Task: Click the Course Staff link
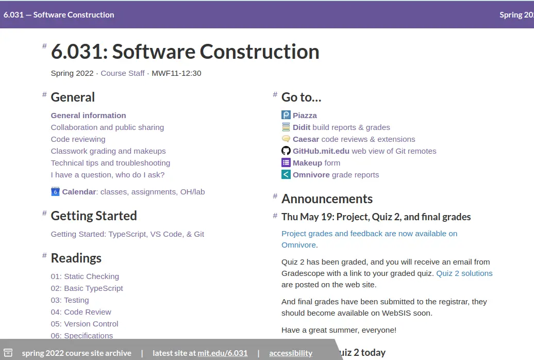tap(123, 73)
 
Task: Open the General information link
tap(89, 116)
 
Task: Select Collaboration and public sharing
tap(107, 127)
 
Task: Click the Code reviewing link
tap(78, 139)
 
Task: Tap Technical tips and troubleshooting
tap(110, 163)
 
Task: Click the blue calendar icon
tap(55, 191)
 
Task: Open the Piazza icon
tap(286, 115)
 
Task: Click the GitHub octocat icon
tap(286, 151)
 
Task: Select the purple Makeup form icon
tap(286, 162)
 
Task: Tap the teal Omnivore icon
tap(286, 174)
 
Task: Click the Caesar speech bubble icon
tap(286, 139)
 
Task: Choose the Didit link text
tap(302, 127)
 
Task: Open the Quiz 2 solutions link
tap(464, 273)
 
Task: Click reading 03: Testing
tap(70, 300)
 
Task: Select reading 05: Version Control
tap(85, 324)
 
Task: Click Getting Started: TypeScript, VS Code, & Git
tap(127, 234)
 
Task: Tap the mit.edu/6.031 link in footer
tap(222, 353)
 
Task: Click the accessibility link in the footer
tap(291, 353)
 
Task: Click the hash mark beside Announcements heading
tap(275, 196)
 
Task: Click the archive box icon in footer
tap(8, 353)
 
